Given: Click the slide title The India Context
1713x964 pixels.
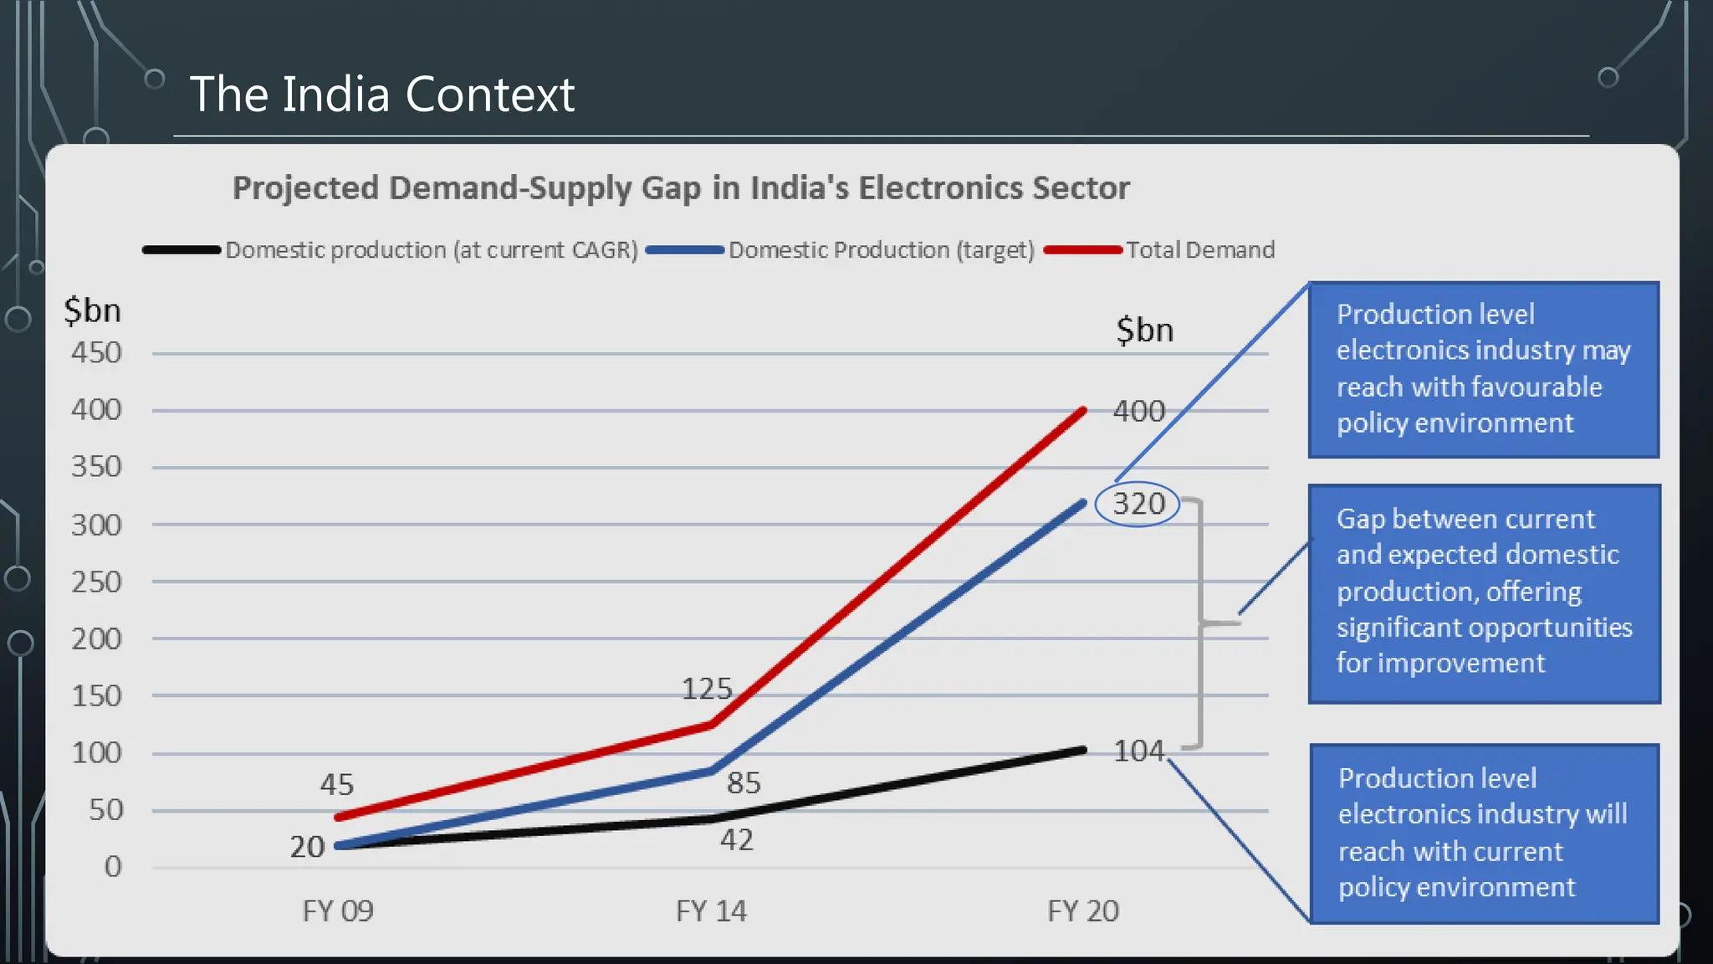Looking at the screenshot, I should point(381,94).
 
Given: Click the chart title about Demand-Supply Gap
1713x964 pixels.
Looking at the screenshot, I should point(680,187).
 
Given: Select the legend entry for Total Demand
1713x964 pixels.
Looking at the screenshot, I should point(1199,249).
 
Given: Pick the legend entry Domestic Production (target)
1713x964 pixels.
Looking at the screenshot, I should point(881,249).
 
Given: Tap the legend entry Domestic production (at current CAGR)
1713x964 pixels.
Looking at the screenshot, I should point(431,249).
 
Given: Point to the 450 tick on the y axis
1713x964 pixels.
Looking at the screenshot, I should point(96,352).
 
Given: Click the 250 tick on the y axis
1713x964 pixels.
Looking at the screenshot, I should point(96,582).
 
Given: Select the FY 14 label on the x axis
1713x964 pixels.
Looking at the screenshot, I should point(711,910).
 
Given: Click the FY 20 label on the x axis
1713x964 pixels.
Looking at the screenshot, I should point(1083,910).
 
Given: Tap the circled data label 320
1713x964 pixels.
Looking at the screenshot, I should point(1138,504).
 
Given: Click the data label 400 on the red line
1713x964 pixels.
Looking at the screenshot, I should point(1138,411).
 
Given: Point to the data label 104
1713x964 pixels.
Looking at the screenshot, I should point(1138,751).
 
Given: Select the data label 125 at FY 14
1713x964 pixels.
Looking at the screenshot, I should point(707,689).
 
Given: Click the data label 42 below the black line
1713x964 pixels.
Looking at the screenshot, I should point(736,839).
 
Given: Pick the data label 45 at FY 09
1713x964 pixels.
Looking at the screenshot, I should point(337,784).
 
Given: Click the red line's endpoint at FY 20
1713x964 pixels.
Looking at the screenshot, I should point(1083,411).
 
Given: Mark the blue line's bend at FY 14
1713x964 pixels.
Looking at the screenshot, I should point(712,771).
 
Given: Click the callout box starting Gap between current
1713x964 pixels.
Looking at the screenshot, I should point(1484,592).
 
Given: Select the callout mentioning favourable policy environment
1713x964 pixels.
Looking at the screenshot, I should point(1483,369).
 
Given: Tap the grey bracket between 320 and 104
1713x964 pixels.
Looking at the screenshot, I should point(1201,623).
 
